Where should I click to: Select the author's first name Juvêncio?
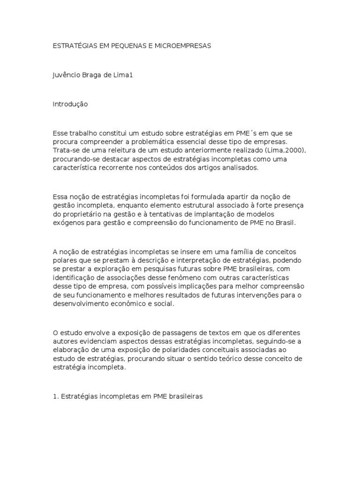[67, 75]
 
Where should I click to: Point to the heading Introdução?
[70, 104]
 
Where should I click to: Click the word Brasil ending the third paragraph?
[286, 223]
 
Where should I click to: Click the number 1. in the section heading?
[55, 396]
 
